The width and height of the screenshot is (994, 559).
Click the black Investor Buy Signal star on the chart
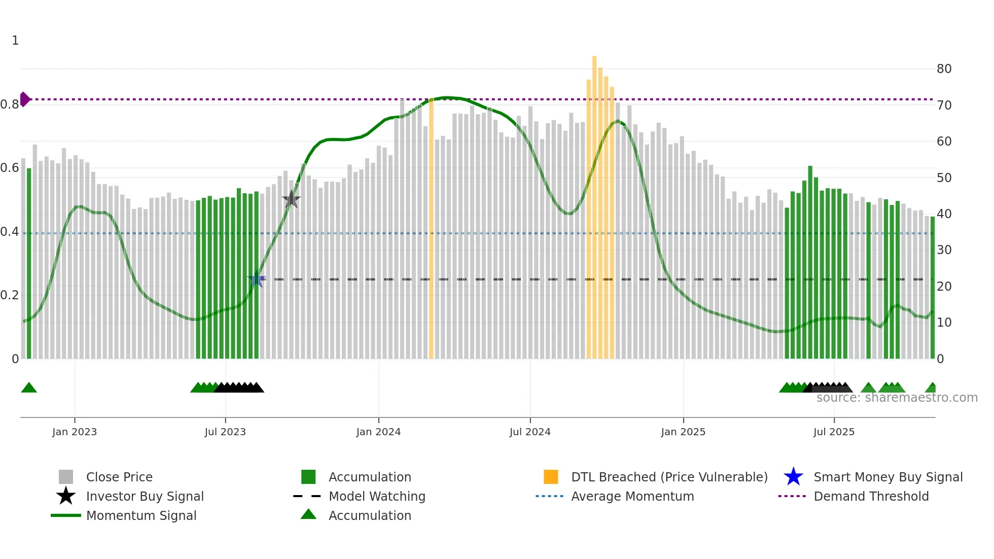tap(291, 199)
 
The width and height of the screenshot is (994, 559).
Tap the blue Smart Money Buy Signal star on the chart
tap(257, 279)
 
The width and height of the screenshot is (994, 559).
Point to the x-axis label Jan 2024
tap(378, 432)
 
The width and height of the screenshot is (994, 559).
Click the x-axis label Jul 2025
tap(834, 432)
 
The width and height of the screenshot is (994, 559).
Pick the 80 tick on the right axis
tap(944, 69)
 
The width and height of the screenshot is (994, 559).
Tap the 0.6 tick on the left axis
tap(10, 168)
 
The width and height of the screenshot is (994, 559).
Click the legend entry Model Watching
tap(376, 496)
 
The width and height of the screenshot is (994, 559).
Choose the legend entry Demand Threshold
tap(871, 496)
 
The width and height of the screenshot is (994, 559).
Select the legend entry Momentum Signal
tap(141, 515)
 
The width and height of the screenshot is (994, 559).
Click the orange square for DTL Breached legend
tap(551, 477)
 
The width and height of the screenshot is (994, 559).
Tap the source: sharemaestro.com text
tap(897, 398)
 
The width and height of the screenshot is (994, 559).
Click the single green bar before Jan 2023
tap(29, 264)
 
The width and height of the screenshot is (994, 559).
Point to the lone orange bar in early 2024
tap(431, 228)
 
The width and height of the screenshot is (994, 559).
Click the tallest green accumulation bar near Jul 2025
tap(810, 261)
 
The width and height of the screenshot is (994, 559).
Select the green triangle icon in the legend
tap(308, 515)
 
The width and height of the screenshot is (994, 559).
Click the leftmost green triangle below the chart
tap(29, 388)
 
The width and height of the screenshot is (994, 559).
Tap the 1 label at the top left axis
tap(15, 41)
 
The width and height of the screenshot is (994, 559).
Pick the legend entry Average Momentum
tap(632, 496)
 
